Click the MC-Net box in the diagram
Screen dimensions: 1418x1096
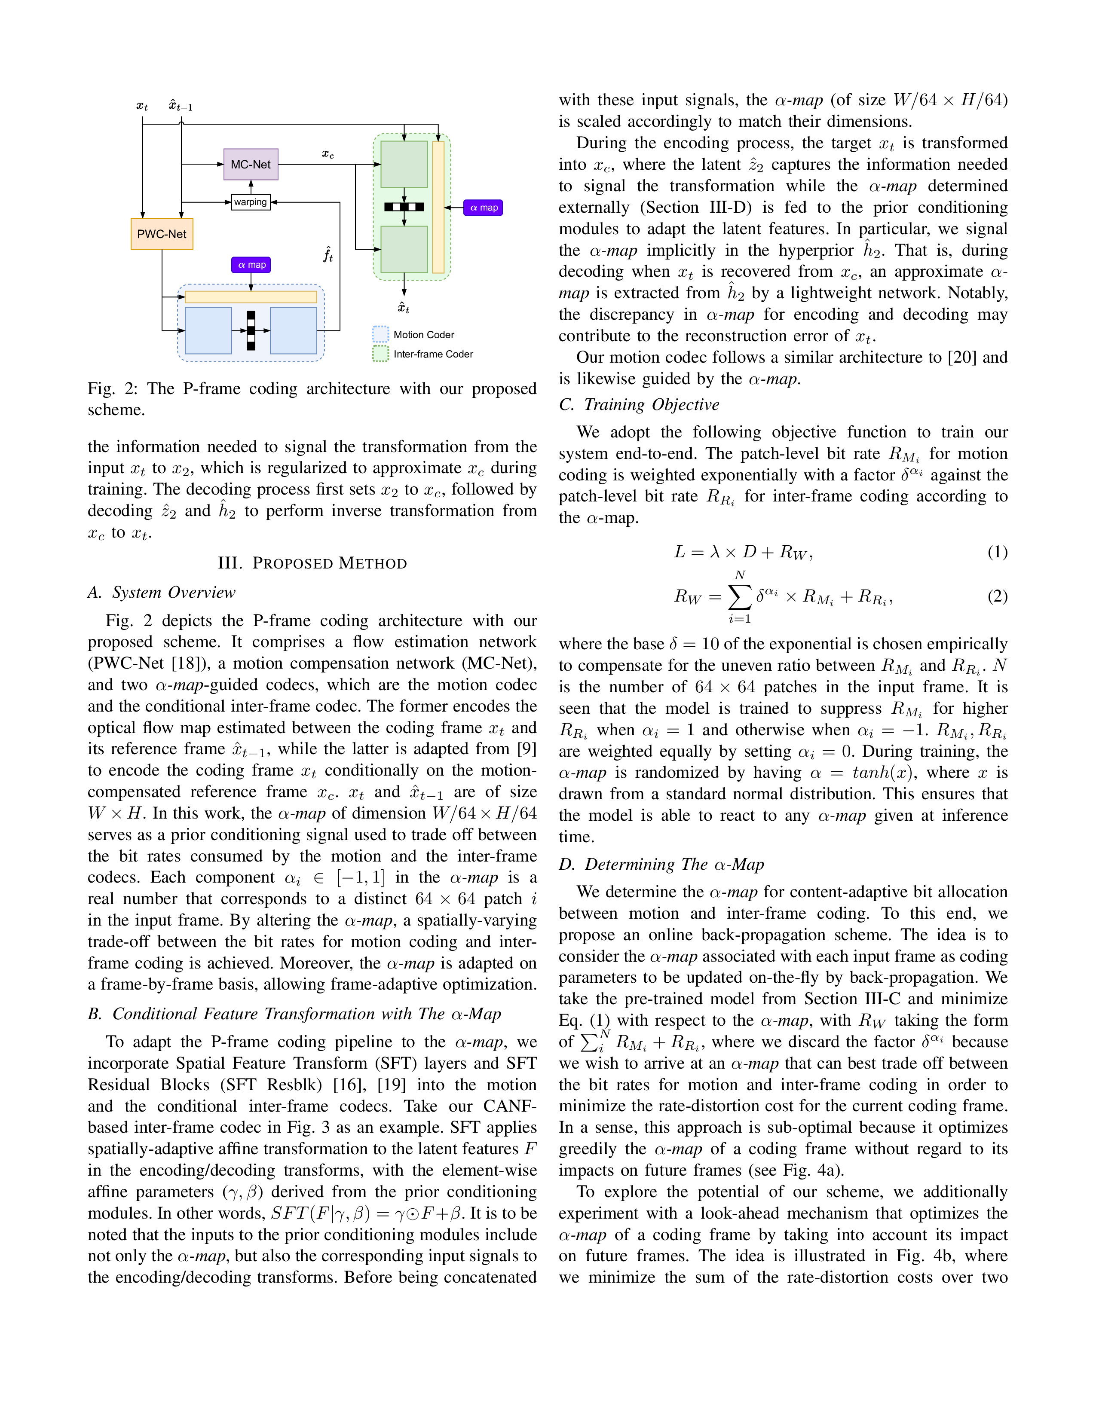point(251,164)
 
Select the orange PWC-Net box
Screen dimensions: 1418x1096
point(162,234)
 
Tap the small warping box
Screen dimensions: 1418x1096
point(251,202)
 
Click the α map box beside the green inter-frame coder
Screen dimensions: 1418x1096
point(483,208)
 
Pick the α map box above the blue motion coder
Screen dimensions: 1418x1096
point(251,265)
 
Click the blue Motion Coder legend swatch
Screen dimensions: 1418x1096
point(380,334)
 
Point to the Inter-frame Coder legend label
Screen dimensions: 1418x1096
point(433,354)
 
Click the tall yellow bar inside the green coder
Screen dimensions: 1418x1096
point(438,207)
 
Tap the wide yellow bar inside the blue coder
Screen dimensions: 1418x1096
point(251,297)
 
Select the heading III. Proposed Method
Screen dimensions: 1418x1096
point(312,563)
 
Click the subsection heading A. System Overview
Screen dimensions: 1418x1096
point(162,592)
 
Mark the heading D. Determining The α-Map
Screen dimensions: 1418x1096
point(661,864)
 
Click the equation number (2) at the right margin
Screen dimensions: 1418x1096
point(997,596)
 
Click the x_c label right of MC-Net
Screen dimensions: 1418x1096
point(328,154)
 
